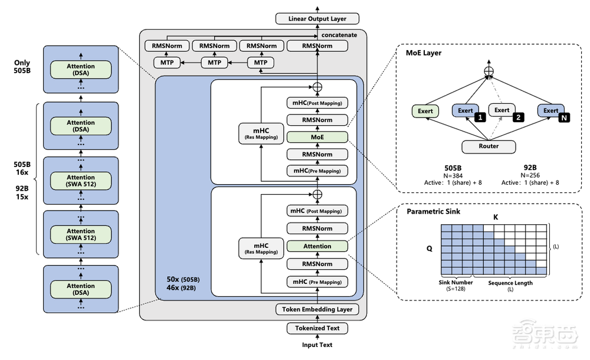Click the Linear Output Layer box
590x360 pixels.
[317, 18]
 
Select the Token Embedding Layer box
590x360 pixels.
[317, 309]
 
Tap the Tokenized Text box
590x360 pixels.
[317, 328]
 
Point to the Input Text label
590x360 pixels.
[317, 345]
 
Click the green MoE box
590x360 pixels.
[317, 137]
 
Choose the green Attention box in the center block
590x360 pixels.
[317, 246]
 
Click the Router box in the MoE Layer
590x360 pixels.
[489, 146]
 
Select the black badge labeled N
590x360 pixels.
[563, 118]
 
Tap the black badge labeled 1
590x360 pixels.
[480, 117]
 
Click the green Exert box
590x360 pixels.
[425, 111]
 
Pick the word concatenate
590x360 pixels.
[339, 35]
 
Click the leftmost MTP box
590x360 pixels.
[167, 63]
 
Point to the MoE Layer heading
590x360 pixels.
[423, 53]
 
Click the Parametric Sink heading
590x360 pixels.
[433, 212]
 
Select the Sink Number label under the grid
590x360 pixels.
[455, 283]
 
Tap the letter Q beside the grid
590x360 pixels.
[430, 248]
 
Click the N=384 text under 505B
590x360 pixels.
[453, 175]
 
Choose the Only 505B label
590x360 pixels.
[22, 66]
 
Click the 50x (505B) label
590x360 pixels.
[183, 279]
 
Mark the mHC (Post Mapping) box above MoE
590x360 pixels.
[317, 103]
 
